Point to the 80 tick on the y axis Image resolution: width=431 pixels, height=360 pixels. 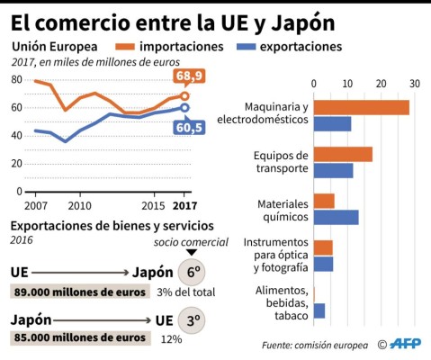(16, 79)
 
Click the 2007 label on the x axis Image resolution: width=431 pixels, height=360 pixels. (36, 203)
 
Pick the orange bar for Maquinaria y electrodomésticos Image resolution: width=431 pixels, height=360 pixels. (362, 107)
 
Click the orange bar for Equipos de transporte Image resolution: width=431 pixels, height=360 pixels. (343, 154)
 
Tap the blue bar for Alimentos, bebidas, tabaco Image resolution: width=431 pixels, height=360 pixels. (319, 310)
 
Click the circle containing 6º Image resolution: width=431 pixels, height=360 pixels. (190, 273)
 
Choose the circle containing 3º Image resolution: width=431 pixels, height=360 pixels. (190, 319)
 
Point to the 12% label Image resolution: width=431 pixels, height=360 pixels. (171, 339)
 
